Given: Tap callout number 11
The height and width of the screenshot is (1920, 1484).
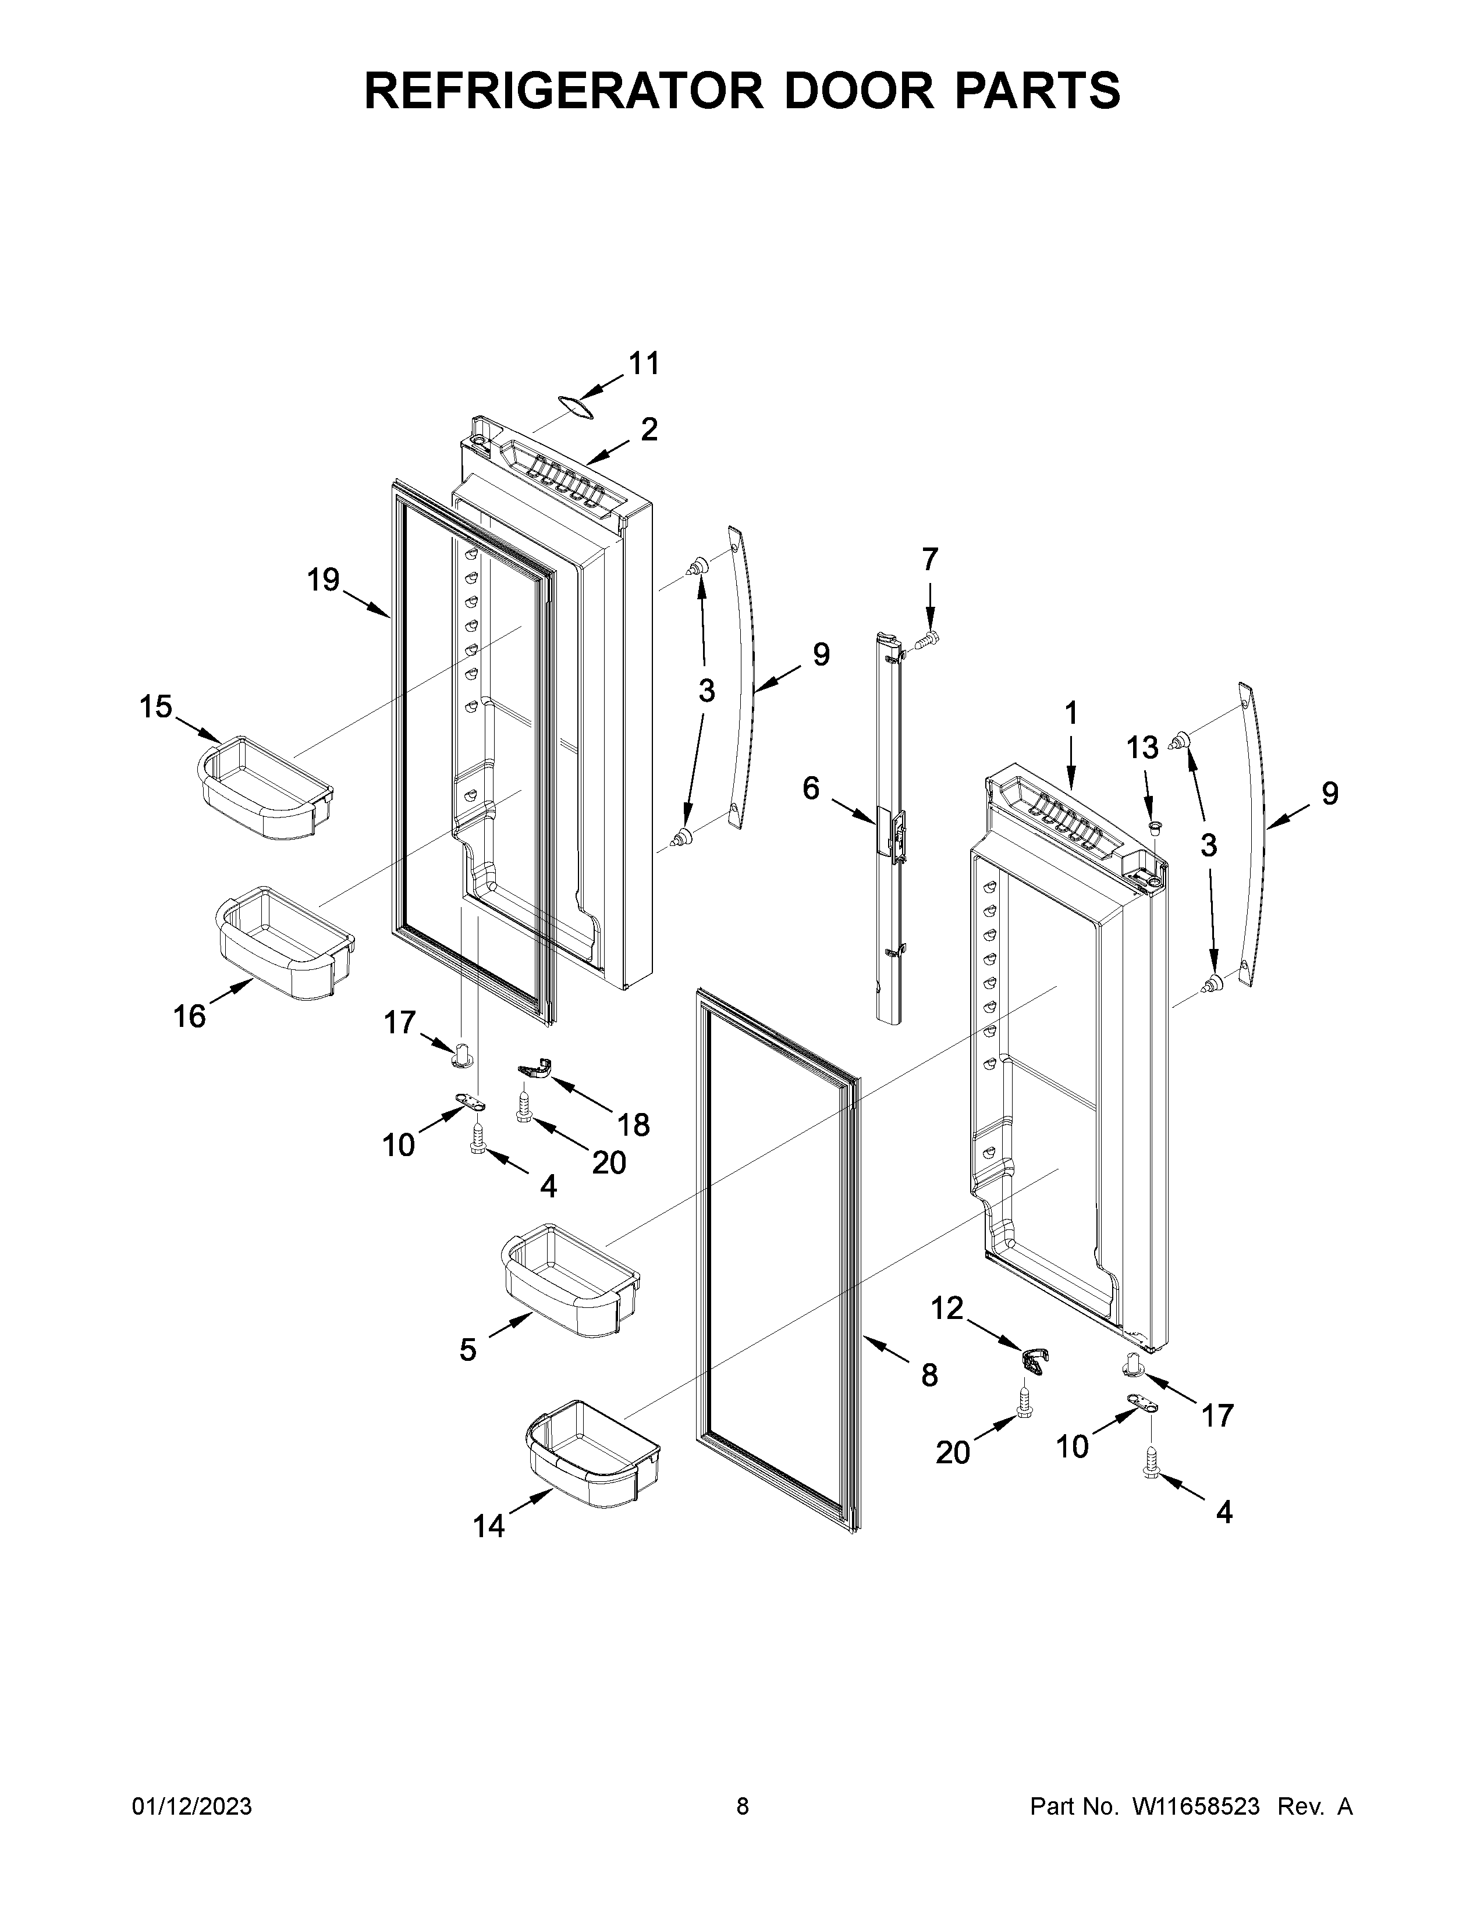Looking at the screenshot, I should [644, 363].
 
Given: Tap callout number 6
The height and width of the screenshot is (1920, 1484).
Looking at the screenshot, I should [811, 788].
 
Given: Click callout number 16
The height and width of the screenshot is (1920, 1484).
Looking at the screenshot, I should [189, 1017].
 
